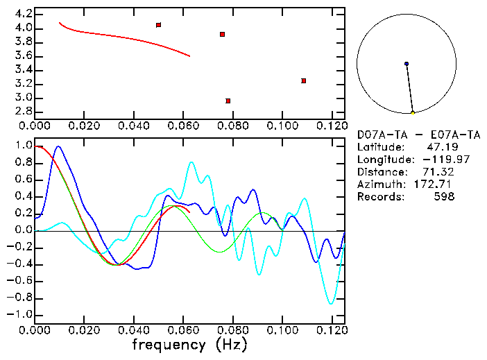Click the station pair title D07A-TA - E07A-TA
coord(418,135)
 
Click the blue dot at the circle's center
coord(407,64)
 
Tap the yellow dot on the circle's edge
coord(413,112)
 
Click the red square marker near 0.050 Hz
coord(159,25)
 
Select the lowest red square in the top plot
coord(228,101)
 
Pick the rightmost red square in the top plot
coord(304,80)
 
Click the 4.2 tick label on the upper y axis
coord(22,14)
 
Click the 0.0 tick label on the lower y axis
coord(22,230)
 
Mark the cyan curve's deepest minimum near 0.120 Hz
coord(331,303)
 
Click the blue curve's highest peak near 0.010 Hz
coord(58,146)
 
